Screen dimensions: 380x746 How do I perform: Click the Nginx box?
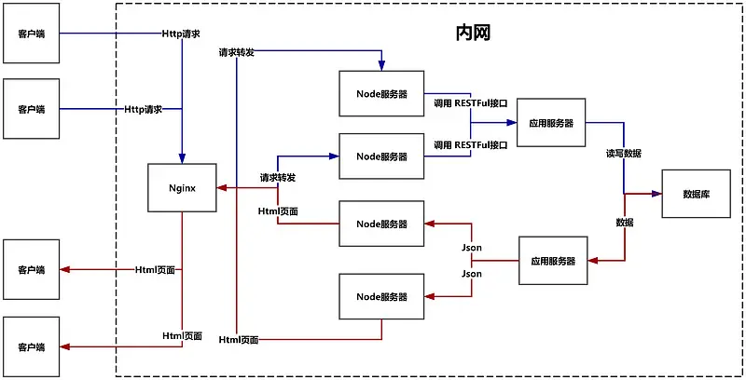tap(182, 187)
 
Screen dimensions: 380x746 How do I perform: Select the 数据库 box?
tap(696, 194)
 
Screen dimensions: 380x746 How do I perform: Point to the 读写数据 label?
tap(624, 153)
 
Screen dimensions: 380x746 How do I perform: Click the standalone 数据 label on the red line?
tap(625, 223)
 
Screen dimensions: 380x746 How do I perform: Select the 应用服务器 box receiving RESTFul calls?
tap(550, 122)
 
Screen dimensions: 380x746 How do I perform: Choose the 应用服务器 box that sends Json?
tap(552, 262)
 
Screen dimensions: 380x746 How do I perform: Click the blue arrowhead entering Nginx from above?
tap(182, 158)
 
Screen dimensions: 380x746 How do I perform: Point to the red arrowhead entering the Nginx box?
tap(221, 188)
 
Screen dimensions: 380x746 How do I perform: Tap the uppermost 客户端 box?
tap(32, 34)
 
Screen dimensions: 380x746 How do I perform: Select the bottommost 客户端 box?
tap(32, 346)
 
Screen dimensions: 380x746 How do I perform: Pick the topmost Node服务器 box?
tap(381, 93)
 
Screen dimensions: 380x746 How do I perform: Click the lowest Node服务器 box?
tap(381, 296)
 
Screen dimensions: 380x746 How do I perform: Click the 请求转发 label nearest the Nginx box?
tap(278, 177)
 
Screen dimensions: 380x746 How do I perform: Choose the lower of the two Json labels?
tap(472, 274)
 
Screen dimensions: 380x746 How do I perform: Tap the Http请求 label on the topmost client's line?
tap(180, 34)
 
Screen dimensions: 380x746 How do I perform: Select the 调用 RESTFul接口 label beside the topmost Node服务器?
tap(471, 102)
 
